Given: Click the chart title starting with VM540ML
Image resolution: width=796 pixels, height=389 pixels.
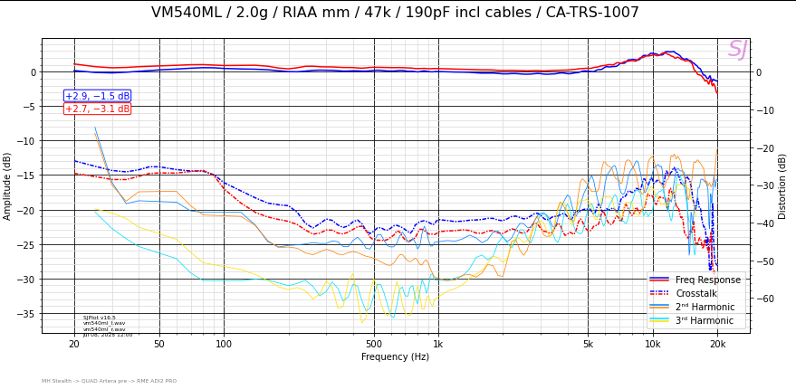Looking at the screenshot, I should pos(395,13).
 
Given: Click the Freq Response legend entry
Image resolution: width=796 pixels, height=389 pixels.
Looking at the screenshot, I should pos(710,280).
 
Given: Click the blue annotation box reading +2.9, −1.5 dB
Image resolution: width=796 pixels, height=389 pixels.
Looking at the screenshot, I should pos(97,96).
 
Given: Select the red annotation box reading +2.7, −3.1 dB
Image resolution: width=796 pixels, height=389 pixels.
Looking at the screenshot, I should pos(97,109).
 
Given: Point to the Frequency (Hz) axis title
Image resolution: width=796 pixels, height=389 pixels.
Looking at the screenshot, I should pos(395,357).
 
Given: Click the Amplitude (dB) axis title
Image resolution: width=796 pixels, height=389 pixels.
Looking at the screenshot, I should pos(8,185).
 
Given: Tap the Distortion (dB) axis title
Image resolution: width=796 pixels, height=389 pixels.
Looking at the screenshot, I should pos(783,185).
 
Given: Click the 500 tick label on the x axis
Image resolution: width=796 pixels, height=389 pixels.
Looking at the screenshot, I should pos(373,344).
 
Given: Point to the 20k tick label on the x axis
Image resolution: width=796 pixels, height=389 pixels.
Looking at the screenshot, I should pos(717,344).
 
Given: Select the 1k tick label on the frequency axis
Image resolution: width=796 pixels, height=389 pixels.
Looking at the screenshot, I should pos(437,344).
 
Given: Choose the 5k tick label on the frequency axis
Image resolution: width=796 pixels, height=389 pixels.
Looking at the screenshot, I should pos(588,344).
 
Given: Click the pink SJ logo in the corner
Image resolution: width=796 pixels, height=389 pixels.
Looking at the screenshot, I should pos(737,50).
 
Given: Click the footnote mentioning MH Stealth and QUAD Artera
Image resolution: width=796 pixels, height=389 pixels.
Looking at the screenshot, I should pos(109,381).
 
